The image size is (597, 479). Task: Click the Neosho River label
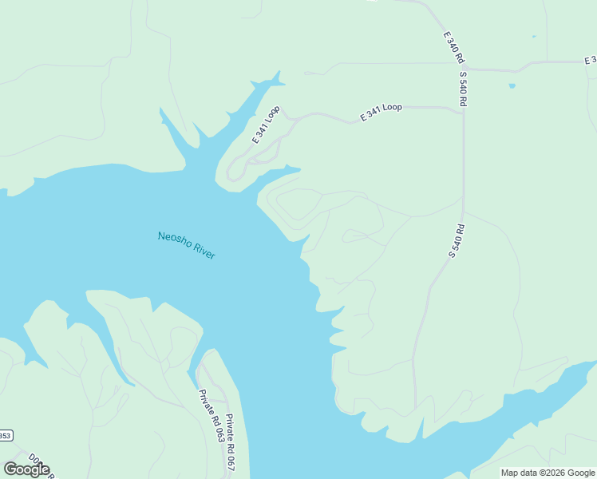tap(187, 245)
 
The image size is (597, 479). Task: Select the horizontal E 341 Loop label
tap(382, 112)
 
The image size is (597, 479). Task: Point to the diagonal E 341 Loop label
tap(266, 125)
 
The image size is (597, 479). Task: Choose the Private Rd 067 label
tap(231, 441)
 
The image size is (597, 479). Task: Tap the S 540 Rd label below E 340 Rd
tap(462, 89)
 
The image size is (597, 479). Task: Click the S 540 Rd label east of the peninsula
tap(457, 241)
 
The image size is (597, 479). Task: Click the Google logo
tap(26, 469)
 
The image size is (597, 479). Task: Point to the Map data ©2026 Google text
tap(548, 473)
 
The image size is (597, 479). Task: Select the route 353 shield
tap(5, 436)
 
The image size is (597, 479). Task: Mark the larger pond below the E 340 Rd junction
tap(512, 85)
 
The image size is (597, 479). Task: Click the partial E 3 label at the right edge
tap(590, 61)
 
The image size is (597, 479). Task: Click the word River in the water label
tap(204, 251)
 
